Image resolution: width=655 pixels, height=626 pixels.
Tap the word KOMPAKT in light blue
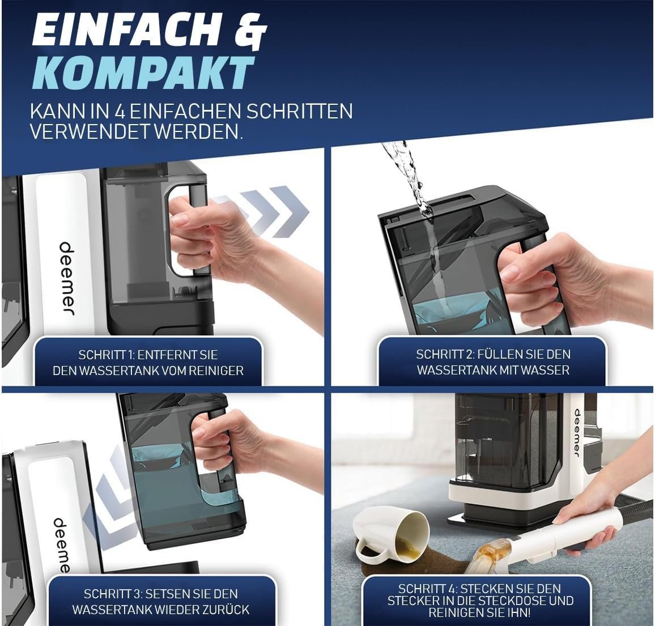[x=142, y=72]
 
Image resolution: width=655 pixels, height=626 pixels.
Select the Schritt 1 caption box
[x=148, y=361]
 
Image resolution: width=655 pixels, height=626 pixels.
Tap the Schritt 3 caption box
[x=161, y=601]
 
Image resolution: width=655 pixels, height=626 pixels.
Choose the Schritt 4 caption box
[x=479, y=601]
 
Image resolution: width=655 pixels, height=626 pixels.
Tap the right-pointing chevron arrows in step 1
[x=265, y=211]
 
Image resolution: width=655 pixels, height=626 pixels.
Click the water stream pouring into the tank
[x=418, y=217]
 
